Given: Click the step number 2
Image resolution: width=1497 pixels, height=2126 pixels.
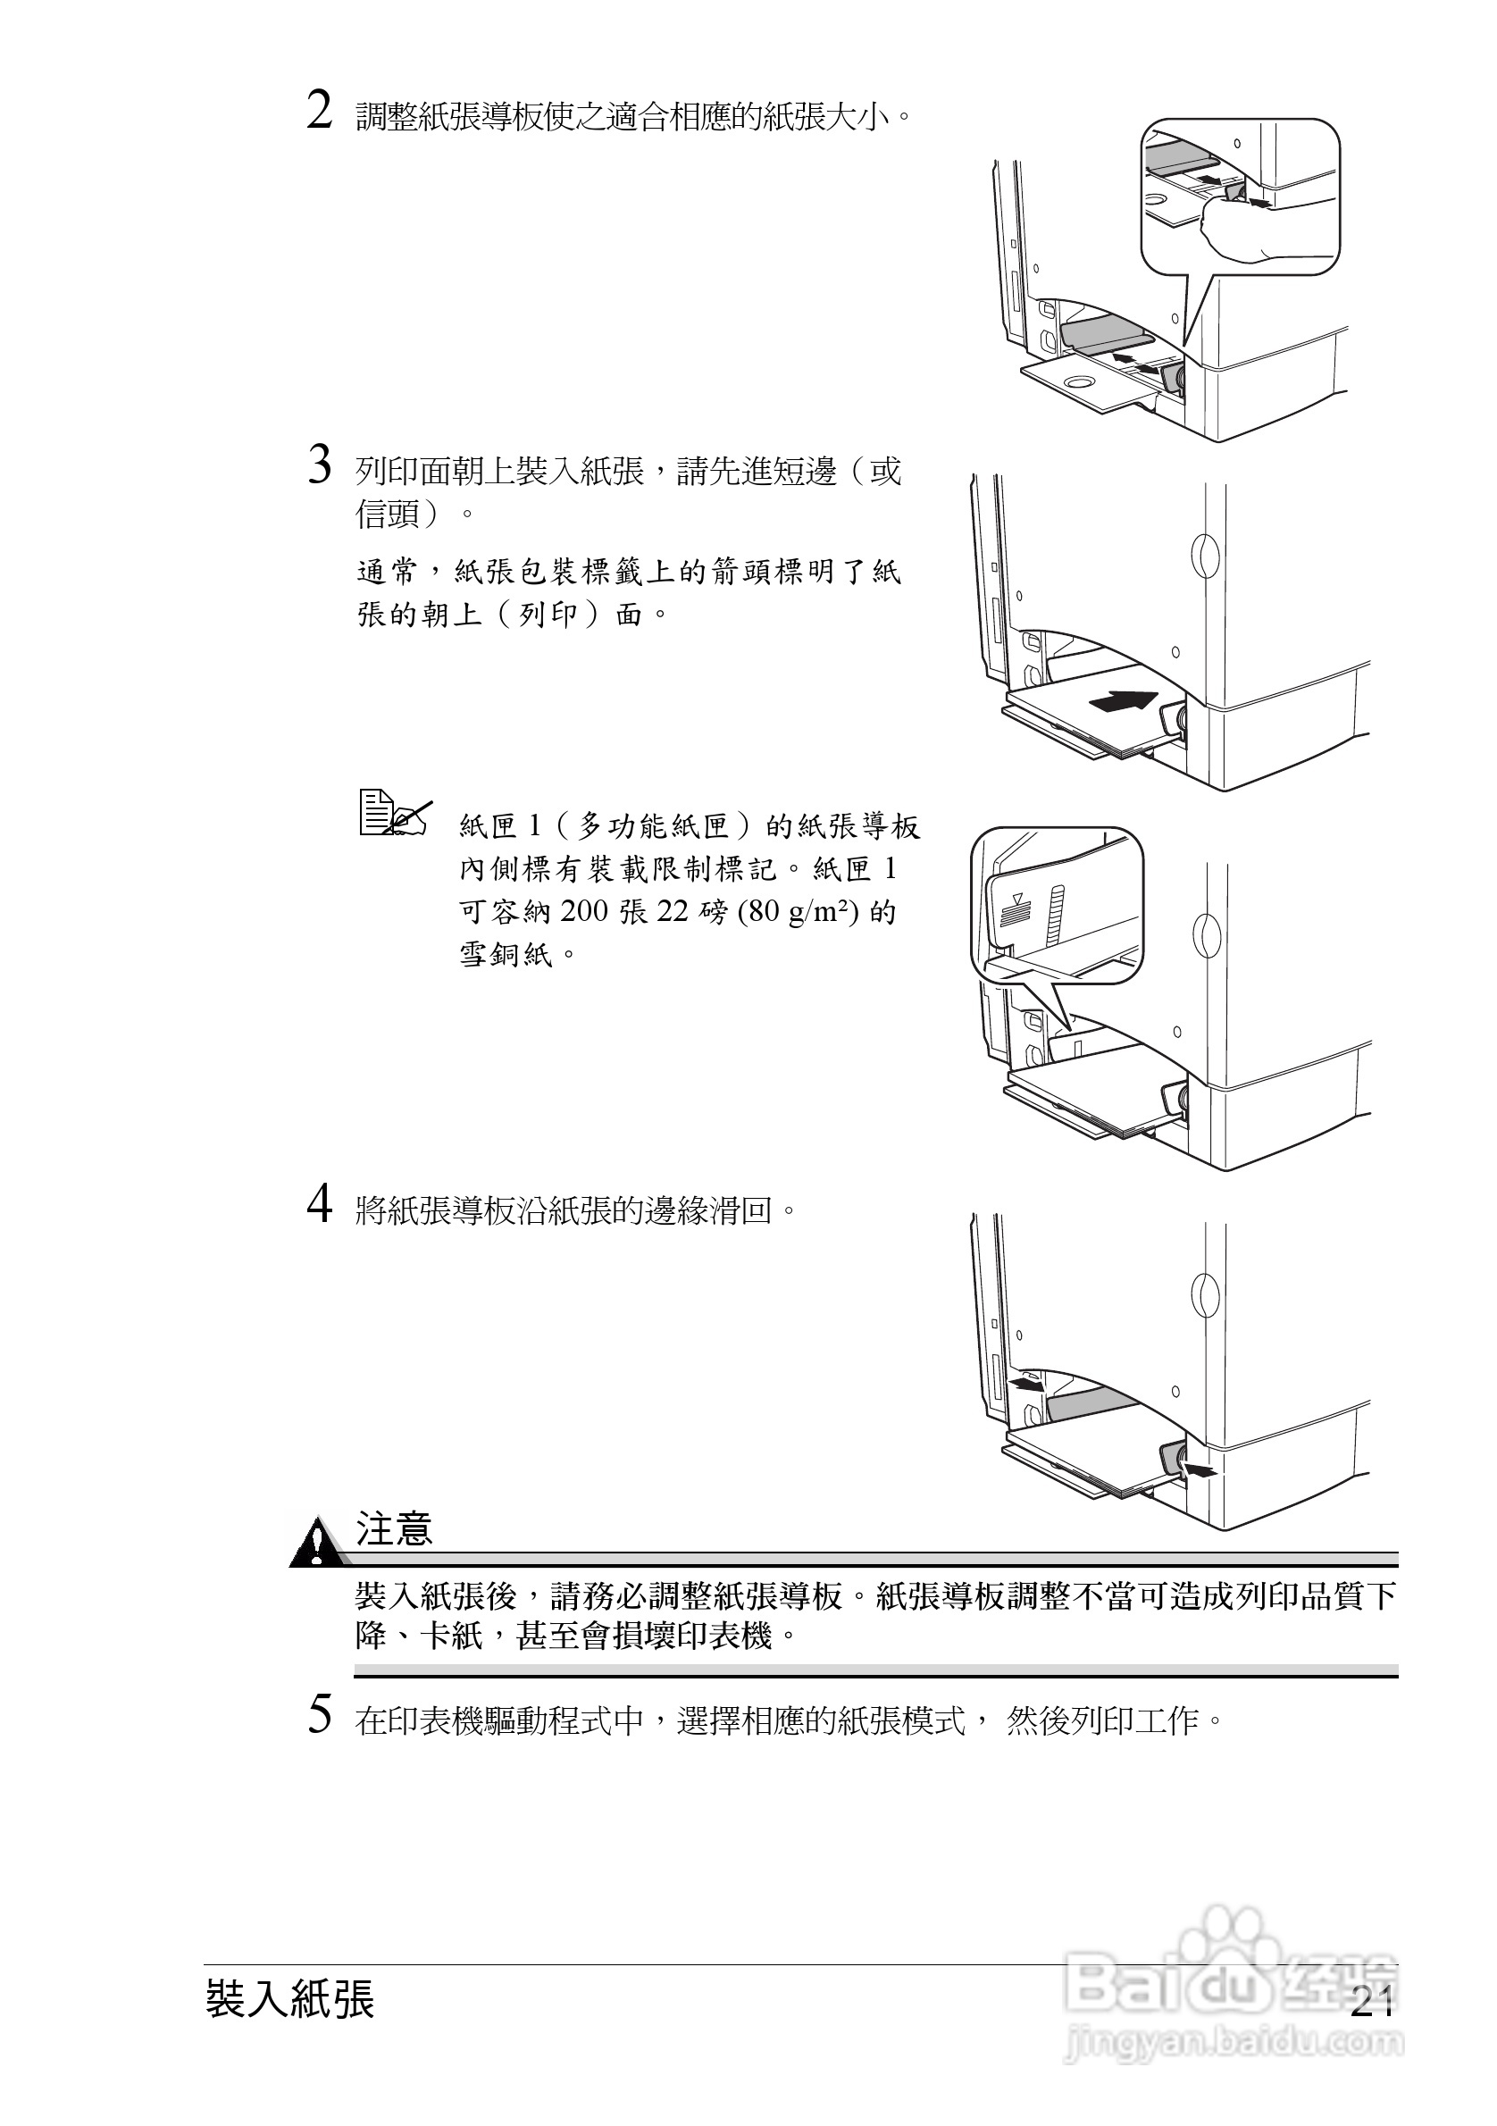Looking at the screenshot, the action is tap(320, 113).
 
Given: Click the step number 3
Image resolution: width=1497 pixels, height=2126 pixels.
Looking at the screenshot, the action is tap(320, 465).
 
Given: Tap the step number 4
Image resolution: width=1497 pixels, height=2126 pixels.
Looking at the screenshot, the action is tap(320, 1206).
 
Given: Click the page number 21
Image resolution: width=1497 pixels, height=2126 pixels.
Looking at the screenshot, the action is tap(1372, 2003).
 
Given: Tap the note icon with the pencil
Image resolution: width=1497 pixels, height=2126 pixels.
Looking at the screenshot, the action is tap(395, 815).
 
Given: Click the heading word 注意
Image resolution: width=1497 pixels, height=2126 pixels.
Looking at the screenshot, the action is tap(395, 1528).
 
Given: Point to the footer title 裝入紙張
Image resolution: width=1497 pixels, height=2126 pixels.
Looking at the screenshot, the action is tap(289, 1999).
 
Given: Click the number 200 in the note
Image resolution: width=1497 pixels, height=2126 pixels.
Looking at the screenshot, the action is tap(584, 912).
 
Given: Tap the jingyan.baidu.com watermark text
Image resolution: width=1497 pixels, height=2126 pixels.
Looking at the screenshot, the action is tap(1235, 2042).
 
